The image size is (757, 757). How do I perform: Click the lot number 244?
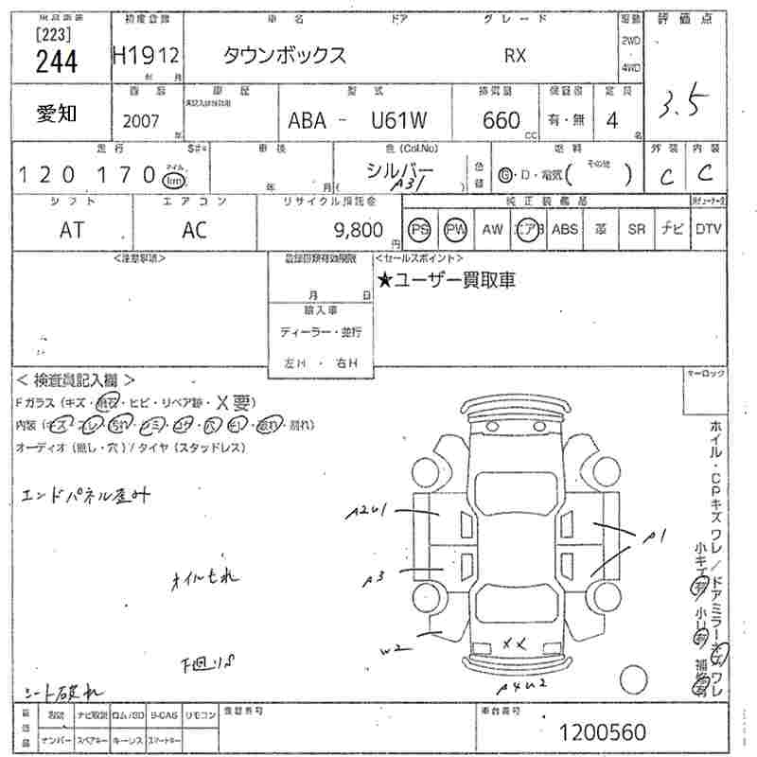(57, 62)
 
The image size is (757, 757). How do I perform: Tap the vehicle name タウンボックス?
(285, 55)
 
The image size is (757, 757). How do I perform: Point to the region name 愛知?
(57, 114)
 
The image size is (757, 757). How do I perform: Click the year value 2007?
(142, 121)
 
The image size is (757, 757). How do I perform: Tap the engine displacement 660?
(501, 120)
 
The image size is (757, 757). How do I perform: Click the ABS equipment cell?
(565, 229)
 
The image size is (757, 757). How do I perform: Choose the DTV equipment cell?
(708, 229)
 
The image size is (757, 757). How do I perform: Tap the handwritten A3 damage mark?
(376, 576)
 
